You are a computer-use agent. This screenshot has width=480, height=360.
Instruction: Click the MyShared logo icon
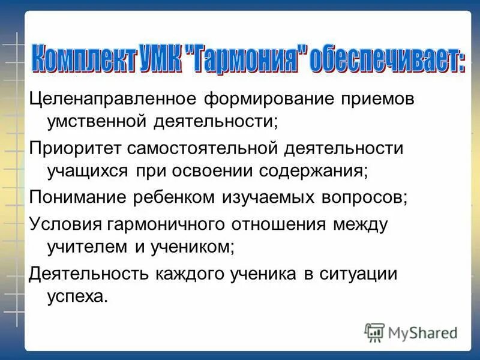pyautogui.click(x=374, y=332)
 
